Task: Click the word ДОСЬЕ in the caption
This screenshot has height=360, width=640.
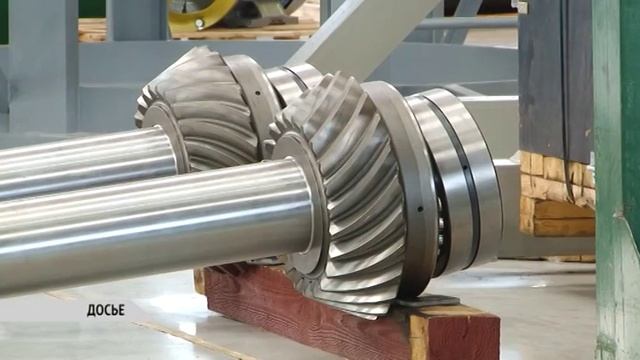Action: click(106, 310)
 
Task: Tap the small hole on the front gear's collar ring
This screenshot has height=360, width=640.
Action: click(420, 209)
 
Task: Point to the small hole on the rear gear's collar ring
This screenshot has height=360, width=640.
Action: click(258, 93)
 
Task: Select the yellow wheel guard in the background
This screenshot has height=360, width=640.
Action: click(202, 13)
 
